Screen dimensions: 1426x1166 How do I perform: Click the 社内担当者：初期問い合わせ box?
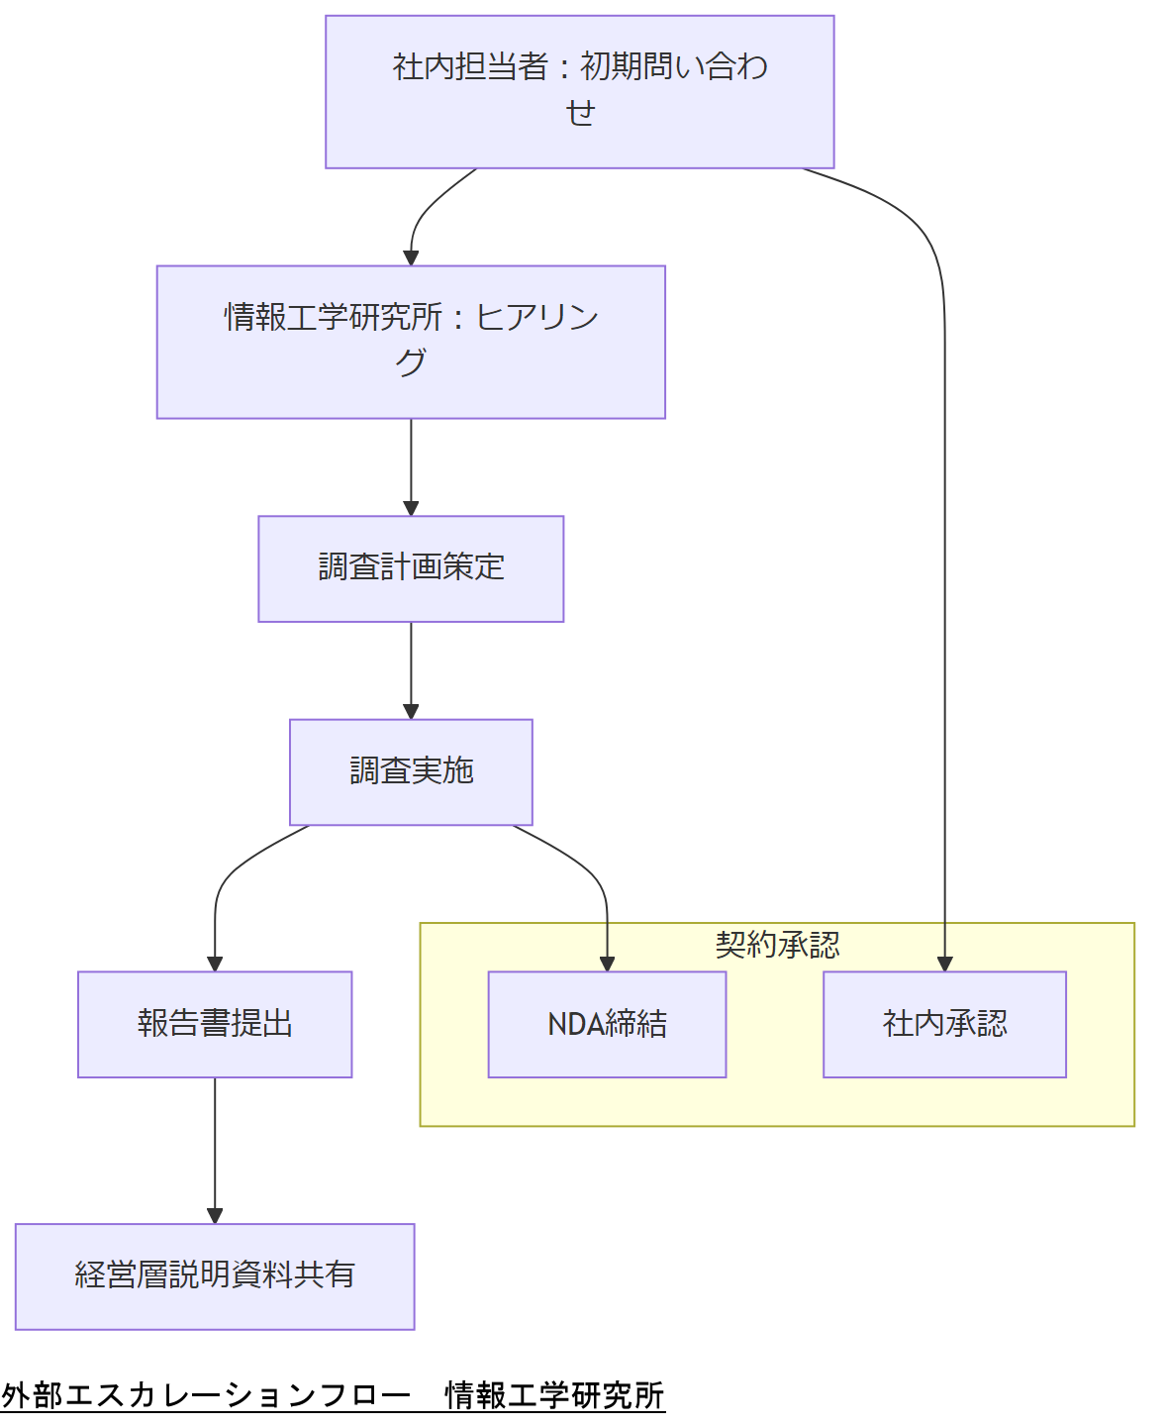pos(579,91)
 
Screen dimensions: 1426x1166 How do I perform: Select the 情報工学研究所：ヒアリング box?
pos(411,342)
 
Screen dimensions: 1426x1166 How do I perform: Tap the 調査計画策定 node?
pos(411,568)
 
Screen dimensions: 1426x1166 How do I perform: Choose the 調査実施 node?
pos(411,771)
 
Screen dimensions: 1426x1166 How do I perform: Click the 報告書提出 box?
pos(215,1024)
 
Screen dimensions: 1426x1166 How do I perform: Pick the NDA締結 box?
pos(607,1024)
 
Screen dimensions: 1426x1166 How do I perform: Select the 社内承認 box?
pos(944,1024)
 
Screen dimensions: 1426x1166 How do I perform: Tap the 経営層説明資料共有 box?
pos(215,1275)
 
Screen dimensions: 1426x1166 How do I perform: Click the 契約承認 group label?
pos(777,945)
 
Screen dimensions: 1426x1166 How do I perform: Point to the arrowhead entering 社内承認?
pos(944,964)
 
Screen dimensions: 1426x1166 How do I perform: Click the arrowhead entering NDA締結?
pos(607,964)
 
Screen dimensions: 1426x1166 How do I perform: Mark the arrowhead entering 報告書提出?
pos(215,964)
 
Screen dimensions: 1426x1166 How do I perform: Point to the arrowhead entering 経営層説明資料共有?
pos(215,1216)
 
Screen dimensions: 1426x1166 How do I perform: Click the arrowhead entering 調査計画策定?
pos(411,508)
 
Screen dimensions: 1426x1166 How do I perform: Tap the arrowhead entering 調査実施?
pos(411,711)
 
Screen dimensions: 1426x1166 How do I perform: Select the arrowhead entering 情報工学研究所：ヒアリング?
pos(411,257)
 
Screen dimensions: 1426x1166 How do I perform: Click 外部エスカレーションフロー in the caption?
pos(206,1395)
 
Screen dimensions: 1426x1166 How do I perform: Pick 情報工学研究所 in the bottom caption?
pos(554,1395)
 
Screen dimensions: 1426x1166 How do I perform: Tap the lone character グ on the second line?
pos(411,362)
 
